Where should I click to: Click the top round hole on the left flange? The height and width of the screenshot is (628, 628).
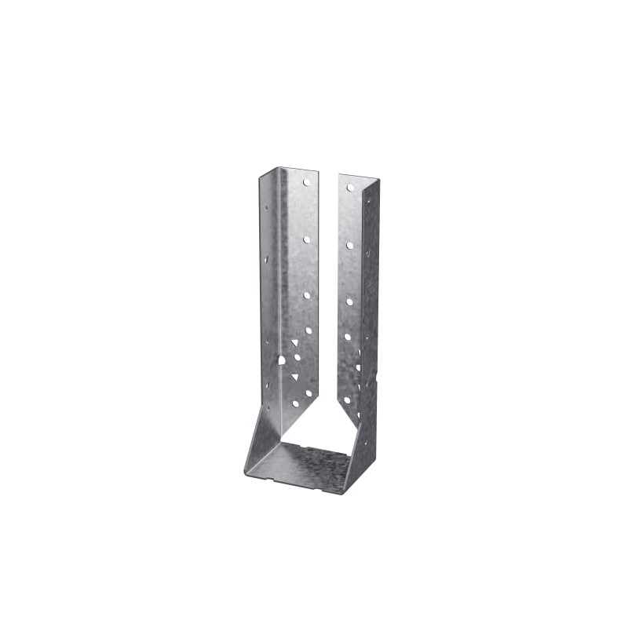click(x=307, y=183)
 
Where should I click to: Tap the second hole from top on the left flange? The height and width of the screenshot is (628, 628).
click(x=306, y=239)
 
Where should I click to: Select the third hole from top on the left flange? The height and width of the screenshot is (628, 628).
click(x=307, y=295)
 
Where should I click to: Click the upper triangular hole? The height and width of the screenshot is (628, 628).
click(x=294, y=343)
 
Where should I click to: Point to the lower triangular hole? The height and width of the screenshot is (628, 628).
click(x=295, y=377)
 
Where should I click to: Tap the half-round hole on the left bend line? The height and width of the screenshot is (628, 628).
click(x=281, y=360)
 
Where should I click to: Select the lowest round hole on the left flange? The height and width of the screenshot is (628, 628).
click(x=295, y=403)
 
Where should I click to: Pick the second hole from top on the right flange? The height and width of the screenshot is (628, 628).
click(x=349, y=245)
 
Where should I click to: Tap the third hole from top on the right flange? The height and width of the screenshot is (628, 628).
click(x=349, y=301)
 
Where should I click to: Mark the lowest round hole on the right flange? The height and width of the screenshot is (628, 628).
click(x=347, y=399)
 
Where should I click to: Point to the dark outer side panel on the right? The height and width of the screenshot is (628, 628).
click(x=369, y=314)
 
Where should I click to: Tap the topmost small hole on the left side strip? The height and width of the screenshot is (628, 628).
click(x=266, y=209)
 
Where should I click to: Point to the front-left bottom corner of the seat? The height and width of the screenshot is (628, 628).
click(x=246, y=471)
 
